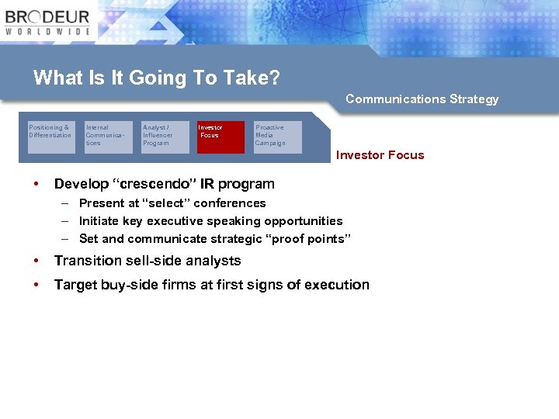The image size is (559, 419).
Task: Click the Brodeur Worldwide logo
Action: click(48, 23)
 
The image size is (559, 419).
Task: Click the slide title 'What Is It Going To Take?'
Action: click(156, 78)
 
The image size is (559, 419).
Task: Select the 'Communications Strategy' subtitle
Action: click(422, 99)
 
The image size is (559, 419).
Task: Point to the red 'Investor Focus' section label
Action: click(380, 155)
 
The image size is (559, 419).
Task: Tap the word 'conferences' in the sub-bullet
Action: click(230, 203)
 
